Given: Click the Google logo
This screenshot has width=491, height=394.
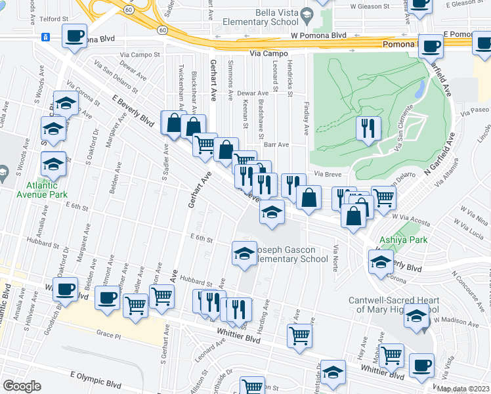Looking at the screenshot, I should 22,386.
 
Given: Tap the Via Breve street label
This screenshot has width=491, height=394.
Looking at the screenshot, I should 327,174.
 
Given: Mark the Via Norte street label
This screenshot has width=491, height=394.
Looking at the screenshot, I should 336,258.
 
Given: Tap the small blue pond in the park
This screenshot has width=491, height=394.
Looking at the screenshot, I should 418,90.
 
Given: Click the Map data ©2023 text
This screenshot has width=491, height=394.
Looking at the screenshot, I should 463,389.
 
